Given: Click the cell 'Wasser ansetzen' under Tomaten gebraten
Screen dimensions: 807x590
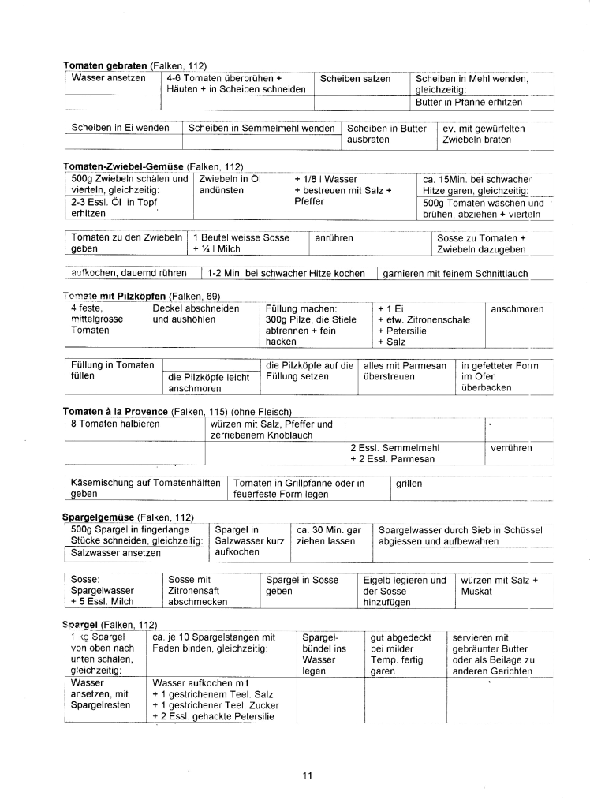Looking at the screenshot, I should (x=108, y=78).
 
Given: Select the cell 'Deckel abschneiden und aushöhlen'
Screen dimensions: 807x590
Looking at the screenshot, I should (x=196, y=314).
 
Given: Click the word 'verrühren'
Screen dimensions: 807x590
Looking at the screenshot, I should (x=511, y=447).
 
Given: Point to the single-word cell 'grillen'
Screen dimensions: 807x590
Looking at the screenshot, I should (x=410, y=483).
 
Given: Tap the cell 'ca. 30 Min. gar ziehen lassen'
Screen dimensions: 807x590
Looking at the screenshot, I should (x=328, y=536).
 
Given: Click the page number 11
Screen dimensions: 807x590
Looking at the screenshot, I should (x=308, y=775).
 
